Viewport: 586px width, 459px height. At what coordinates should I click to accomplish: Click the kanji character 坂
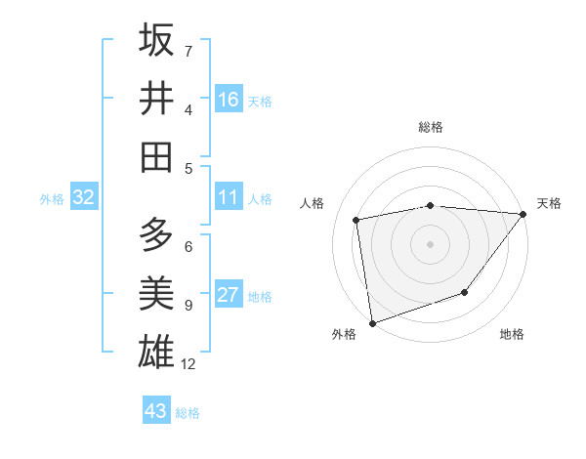156,40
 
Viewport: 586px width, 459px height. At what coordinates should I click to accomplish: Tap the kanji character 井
156,98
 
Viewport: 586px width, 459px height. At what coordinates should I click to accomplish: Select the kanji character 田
156,156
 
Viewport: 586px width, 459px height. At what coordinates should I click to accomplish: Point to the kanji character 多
156,235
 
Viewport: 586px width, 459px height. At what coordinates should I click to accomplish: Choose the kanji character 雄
156,351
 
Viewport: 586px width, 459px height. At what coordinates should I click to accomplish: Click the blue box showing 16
229,100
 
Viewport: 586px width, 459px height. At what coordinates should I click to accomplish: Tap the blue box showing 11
229,198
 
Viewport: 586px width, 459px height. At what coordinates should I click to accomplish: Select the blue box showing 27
229,296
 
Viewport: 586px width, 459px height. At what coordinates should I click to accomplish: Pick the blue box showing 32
83,198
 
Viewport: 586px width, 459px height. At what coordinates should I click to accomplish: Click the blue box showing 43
155,411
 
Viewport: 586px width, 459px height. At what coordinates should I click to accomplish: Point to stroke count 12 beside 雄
189,364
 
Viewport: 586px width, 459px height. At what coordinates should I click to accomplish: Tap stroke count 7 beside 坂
188,51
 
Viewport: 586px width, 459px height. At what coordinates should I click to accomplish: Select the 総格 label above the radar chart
430,127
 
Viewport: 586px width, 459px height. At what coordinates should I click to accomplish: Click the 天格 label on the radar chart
549,203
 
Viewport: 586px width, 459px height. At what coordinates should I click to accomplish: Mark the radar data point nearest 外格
371,322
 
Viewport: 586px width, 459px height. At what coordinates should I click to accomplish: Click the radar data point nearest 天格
523,214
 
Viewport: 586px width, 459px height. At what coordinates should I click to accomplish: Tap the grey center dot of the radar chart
430,243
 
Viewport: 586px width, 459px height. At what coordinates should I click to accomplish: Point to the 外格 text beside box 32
52,199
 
